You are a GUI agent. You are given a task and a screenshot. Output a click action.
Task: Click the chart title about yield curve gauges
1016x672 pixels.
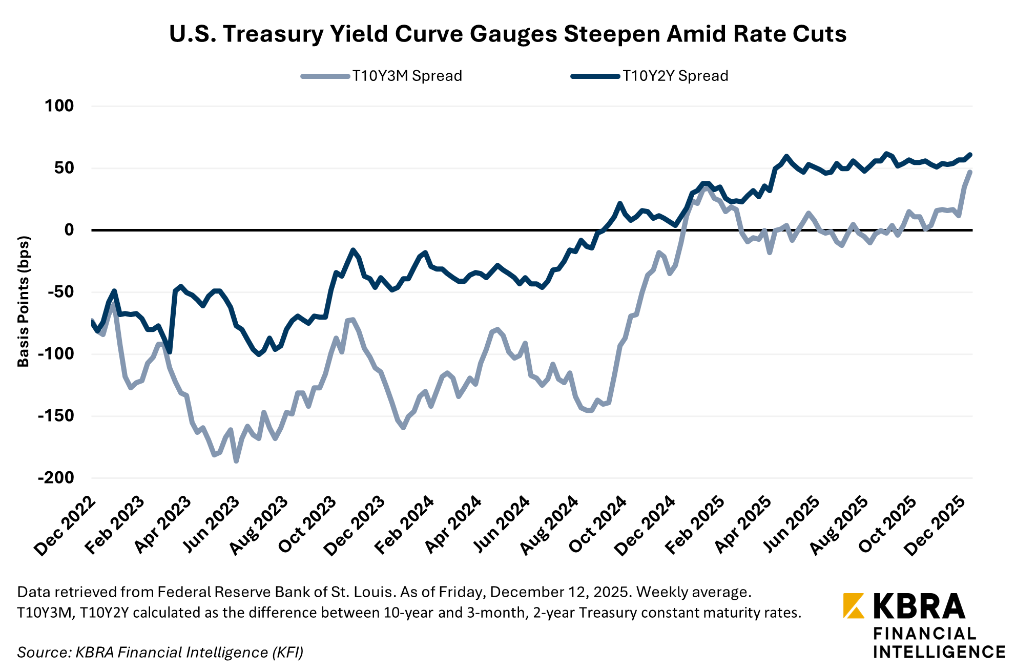(x=507, y=34)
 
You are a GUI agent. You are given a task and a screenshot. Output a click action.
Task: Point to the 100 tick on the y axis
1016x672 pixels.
(x=59, y=106)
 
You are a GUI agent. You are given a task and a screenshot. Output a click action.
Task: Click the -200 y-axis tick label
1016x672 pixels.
(x=56, y=477)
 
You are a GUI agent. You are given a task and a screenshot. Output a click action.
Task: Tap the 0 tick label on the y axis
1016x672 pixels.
(x=69, y=230)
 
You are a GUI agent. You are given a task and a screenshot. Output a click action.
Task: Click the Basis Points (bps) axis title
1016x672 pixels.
(x=24, y=301)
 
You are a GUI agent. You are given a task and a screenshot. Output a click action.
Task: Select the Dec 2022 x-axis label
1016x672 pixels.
(x=66, y=526)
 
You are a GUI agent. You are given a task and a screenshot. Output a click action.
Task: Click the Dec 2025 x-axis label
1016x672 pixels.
(x=937, y=526)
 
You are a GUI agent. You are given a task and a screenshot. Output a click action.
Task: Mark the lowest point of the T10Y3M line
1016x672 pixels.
(x=236, y=461)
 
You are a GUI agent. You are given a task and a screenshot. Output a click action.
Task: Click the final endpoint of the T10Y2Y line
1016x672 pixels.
(x=970, y=155)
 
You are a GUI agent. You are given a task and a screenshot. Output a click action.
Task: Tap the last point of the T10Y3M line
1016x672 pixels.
(x=970, y=172)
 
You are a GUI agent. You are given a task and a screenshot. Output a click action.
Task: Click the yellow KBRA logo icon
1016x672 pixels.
(x=854, y=605)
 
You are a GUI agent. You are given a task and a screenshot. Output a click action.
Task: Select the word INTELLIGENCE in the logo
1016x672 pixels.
(x=939, y=652)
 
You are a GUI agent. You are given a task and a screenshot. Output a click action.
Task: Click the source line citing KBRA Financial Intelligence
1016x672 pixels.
(x=160, y=652)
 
